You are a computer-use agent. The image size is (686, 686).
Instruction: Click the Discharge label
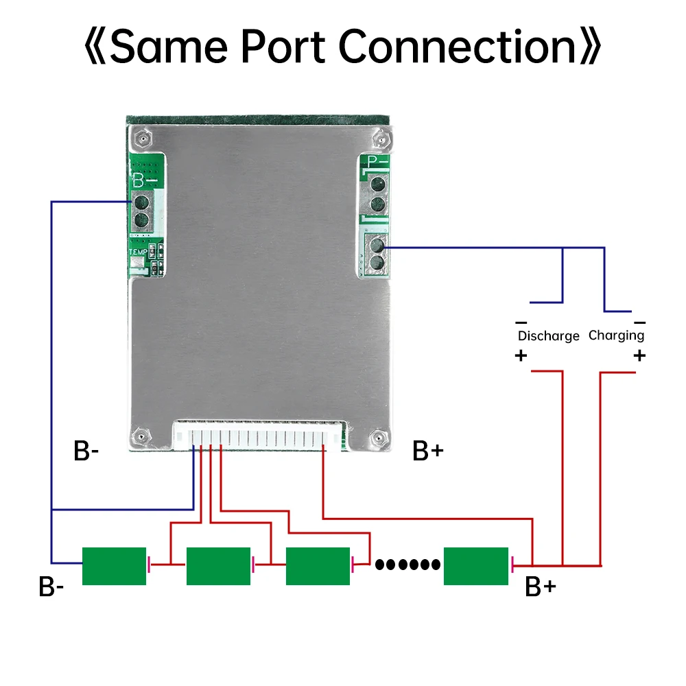548,336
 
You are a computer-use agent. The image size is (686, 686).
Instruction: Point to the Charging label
616,335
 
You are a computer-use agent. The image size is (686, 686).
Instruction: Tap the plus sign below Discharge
521,355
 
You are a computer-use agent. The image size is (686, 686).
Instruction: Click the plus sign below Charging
639,355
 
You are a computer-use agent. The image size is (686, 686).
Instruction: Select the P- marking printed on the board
377,162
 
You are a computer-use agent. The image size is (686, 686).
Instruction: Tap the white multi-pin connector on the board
261,435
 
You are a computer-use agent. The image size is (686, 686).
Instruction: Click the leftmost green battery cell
114,566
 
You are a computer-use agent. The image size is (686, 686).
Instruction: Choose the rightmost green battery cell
476,566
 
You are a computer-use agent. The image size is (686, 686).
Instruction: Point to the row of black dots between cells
407,565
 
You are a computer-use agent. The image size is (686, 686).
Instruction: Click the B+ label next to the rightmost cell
540,587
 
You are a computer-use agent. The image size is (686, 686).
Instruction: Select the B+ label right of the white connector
428,451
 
